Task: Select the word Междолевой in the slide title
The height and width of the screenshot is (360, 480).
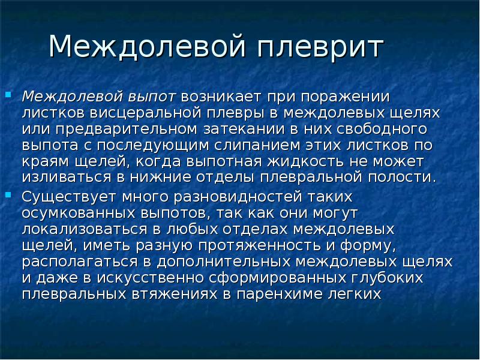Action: (x=146, y=47)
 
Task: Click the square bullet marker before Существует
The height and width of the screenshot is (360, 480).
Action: (x=8, y=194)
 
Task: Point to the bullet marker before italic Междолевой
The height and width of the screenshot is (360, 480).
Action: (x=8, y=94)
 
